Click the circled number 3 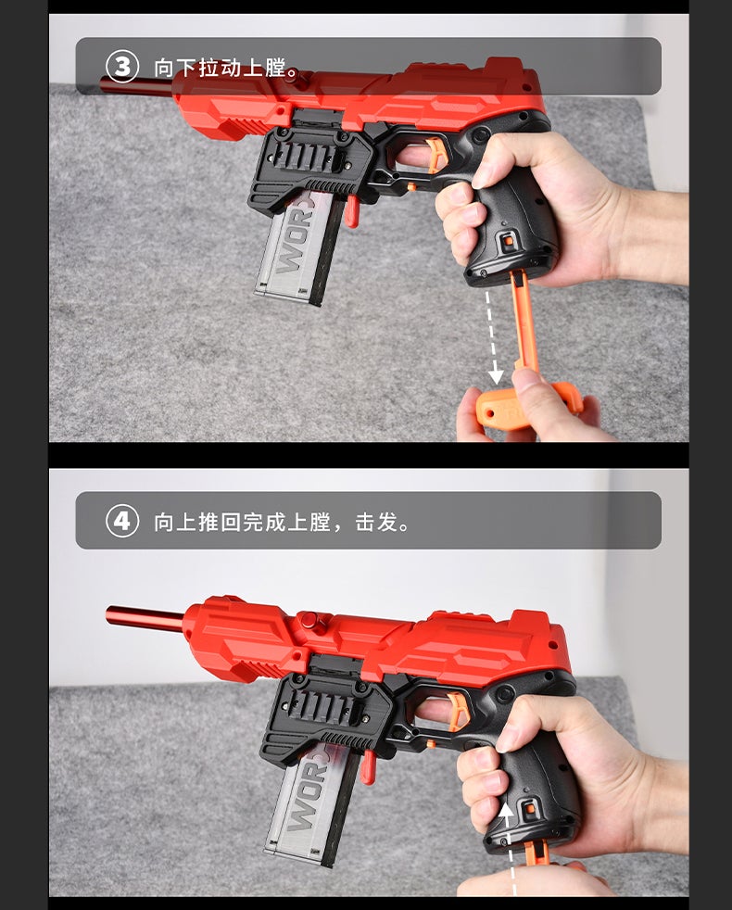(122, 67)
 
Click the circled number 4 (122, 521)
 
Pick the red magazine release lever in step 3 (351, 210)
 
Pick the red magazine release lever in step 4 (368, 765)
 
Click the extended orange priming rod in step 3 (523, 320)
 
